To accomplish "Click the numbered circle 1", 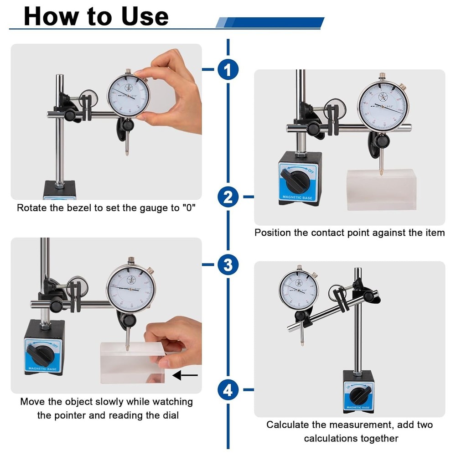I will [228, 70].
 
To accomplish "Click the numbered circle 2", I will [228, 197].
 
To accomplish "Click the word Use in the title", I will [145, 16].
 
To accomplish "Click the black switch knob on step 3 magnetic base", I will [39, 352].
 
